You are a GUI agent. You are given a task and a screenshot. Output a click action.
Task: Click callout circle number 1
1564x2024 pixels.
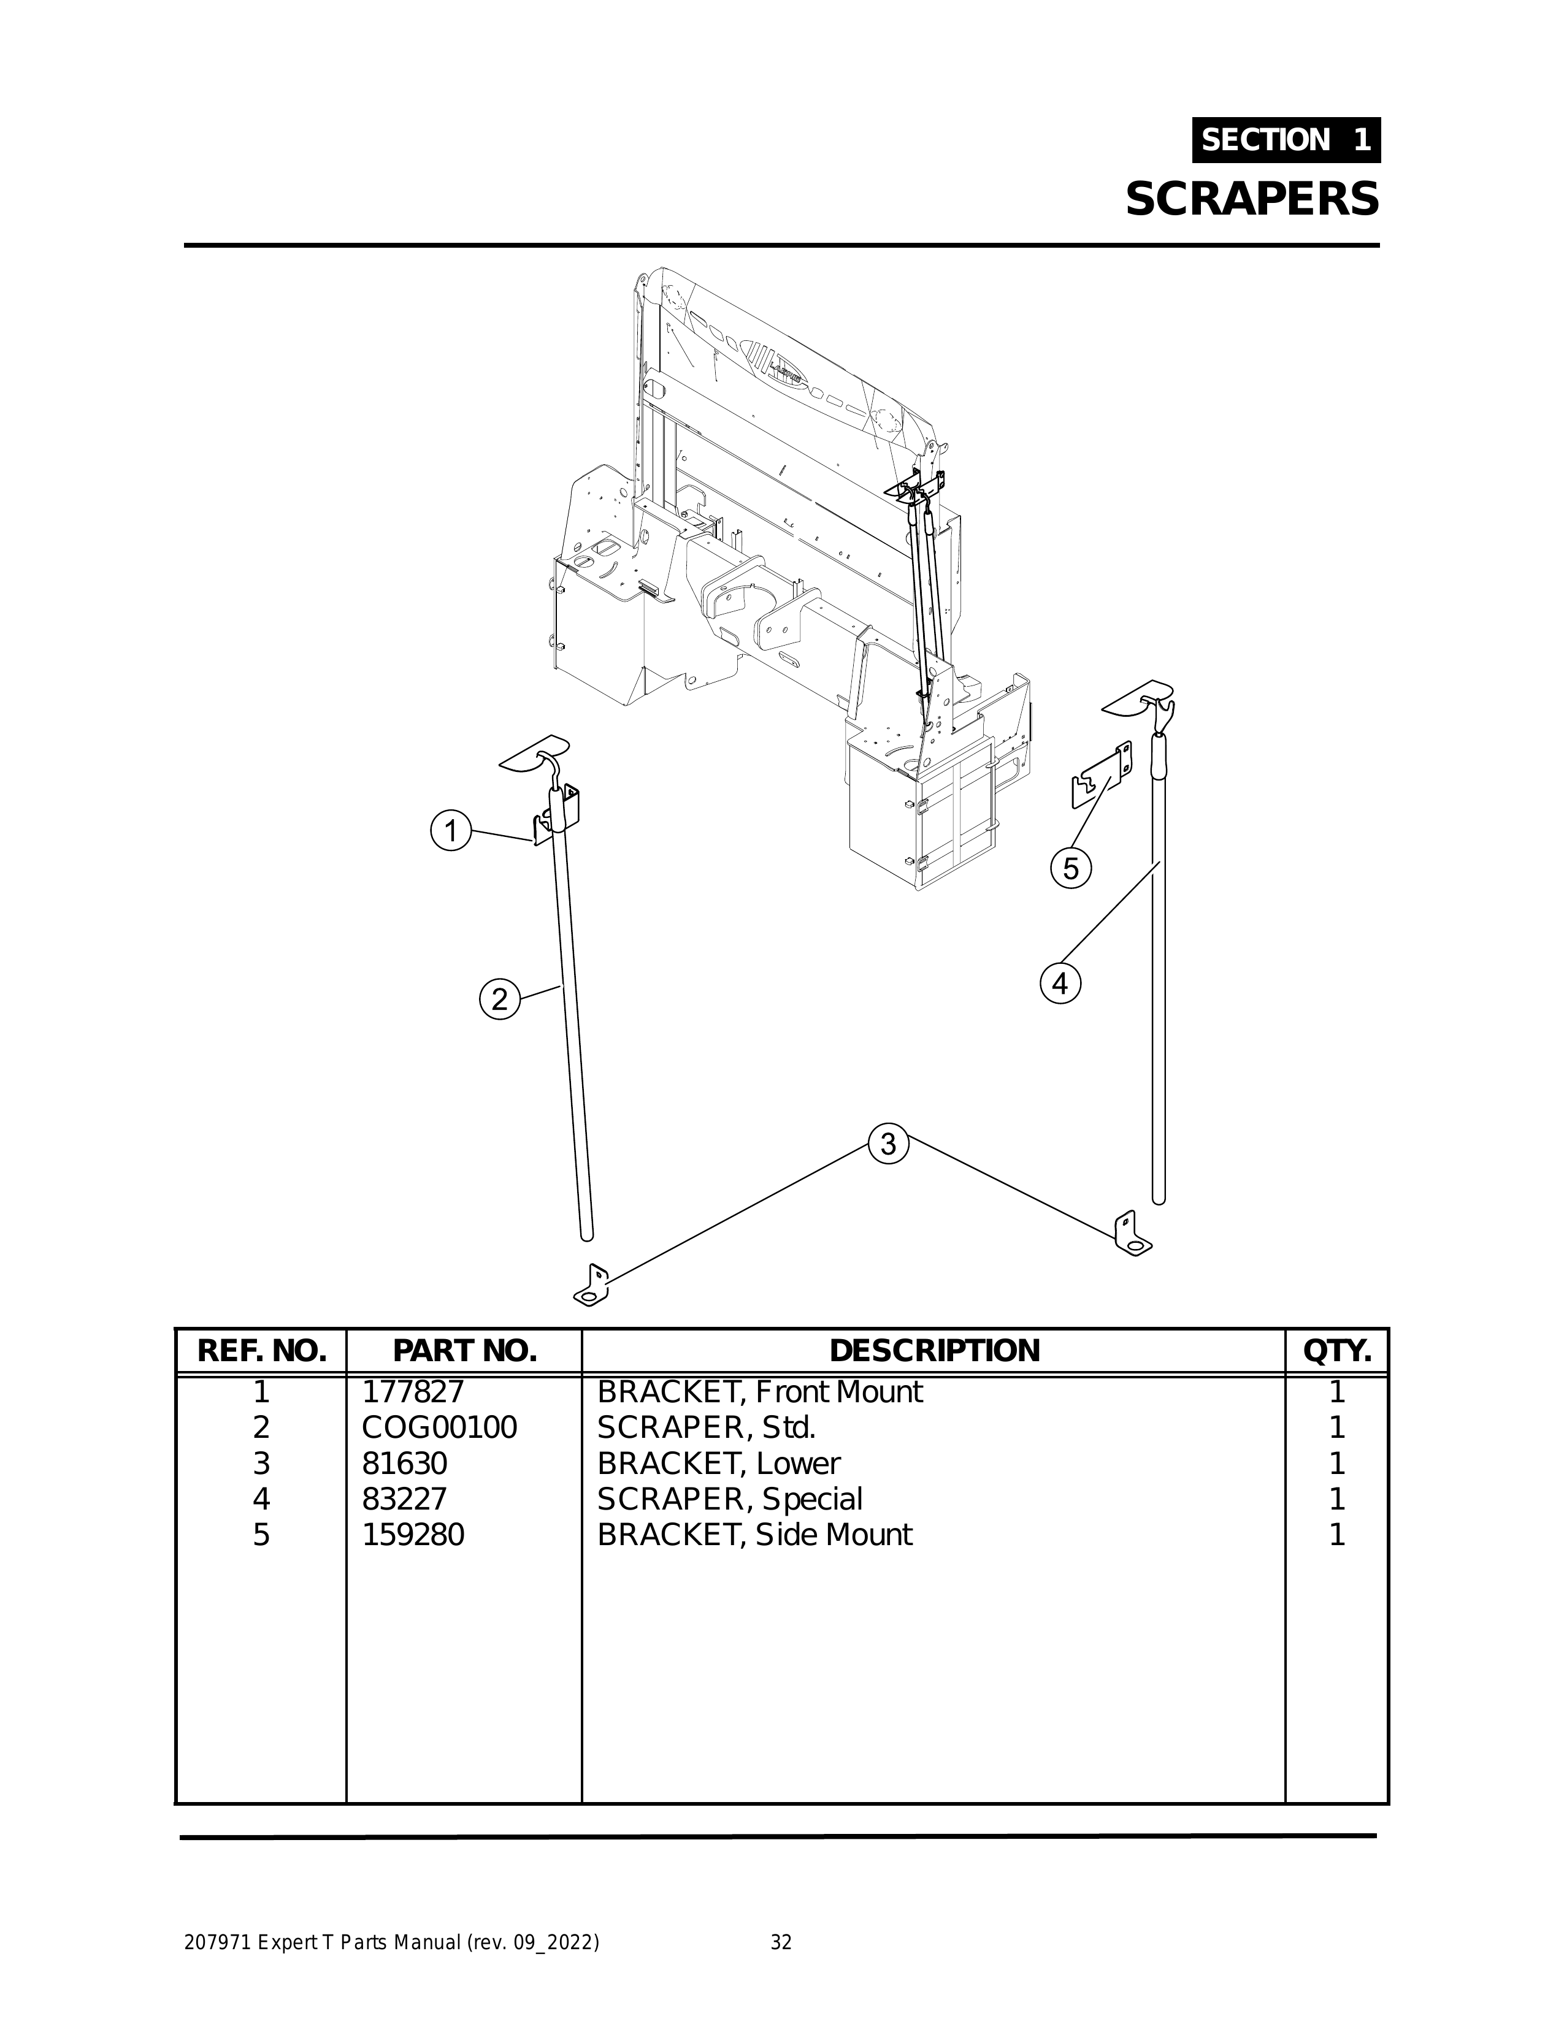click(x=451, y=830)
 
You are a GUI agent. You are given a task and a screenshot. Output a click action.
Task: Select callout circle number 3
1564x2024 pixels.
click(x=888, y=1145)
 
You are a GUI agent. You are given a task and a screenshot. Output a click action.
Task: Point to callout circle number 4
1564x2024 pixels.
click(x=1060, y=983)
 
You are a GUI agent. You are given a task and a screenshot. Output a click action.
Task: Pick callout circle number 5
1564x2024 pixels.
click(x=1071, y=869)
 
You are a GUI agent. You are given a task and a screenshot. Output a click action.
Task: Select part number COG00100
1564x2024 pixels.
click(x=439, y=1428)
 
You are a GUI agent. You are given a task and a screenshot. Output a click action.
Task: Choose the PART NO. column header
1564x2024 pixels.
click(x=464, y=1351)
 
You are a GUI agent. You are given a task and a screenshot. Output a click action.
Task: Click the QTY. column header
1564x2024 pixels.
click(x=1337, y=1351)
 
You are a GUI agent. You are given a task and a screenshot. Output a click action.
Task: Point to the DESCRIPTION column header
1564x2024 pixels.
click(x=933, y=1351)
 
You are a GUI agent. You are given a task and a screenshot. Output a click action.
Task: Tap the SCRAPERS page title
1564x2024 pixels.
click(x=1252, y=199)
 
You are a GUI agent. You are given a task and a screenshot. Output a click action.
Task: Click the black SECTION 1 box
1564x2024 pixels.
click(x=1286, y=140)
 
